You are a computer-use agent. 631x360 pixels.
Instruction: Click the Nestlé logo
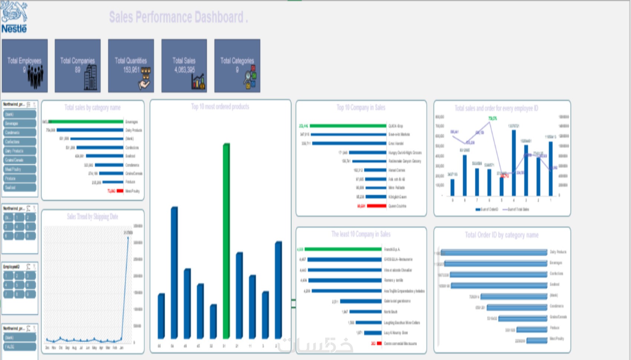coord(14,17)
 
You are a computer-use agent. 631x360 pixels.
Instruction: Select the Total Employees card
coord(25,66)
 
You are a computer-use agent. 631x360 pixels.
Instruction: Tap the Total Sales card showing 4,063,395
coord(184,66)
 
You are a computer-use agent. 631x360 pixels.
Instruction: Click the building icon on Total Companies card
coord(91,78)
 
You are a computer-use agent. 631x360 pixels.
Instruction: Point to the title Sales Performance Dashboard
coord(178,17)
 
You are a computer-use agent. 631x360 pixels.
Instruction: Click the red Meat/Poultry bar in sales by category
coord(120,191)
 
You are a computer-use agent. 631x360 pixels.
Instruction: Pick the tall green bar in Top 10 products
coord(226,241)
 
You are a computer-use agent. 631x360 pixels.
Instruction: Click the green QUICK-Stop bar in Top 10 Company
coord(348,126)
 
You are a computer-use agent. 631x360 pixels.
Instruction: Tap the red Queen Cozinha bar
coord(376,206)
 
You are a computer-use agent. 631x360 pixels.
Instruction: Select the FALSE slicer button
coord(20,347)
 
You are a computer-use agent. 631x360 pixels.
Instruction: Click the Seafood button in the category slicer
coord(20,187)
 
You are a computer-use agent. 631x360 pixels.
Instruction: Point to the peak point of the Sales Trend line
coord(128,237)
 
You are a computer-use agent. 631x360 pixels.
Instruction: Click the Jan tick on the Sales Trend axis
coord(121,348)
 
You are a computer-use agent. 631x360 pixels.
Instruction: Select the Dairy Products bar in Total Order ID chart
coord(494,252)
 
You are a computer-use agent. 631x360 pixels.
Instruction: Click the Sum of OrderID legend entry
coord(487,209)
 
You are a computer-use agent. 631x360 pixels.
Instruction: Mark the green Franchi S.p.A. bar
coord(343,249)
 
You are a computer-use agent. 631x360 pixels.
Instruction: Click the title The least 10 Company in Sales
coord(361,234)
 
